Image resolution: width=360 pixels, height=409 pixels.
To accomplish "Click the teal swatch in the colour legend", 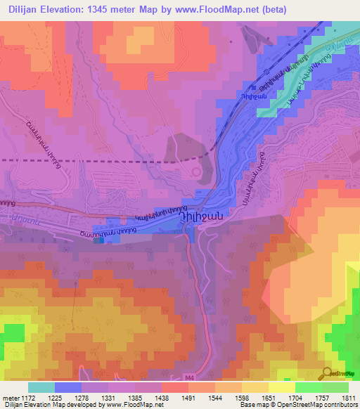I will coord(41,387).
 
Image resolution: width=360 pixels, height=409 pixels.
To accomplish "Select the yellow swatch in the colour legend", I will coord(282,387).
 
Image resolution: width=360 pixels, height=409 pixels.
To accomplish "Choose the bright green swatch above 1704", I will coord(309,387).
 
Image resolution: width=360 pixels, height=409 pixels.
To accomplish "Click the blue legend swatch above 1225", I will coord(68,387).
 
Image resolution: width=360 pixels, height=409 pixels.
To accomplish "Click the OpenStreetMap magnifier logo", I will coord(328,374).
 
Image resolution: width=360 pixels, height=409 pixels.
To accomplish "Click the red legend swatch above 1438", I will coord(175,387).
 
